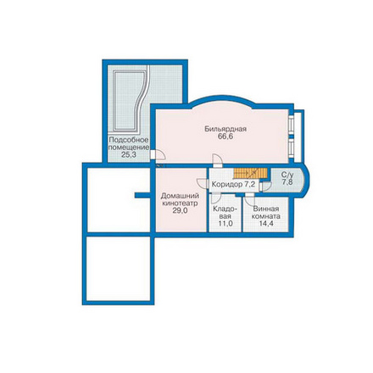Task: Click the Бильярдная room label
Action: pyautogui.click(x=225, y=129)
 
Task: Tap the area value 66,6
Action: pyautogui.click(x=226, y=136)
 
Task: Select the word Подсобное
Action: pyautogui.click(x=129, y=140)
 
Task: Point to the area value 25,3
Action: pyautogui.click(x=129, y=154)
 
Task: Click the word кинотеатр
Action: pyautogui.click(x=180, y=203)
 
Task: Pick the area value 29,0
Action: pyautogui.click(x=180, y=210)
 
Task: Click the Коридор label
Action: pyautogui.click(x=227, y=185)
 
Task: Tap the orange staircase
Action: pyautogui.click(x=250, y=173)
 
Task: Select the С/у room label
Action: pyautogui.click(x=287, y=175)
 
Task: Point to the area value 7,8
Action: pyautogui.click(x=287, y=182)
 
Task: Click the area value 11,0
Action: pyautogui.click(x=225, y=223)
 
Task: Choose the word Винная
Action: pyautogui.click(x=266, y=209)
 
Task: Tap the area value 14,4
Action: pyautogui.click(x=266, y=223)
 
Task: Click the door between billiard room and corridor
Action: pyautogui.click(x=218, y=160)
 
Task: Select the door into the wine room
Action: pyautogui.click(x=249, y=199)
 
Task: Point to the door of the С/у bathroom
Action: pyautogui.click(x=265, y=186)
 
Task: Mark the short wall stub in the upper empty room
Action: pyautogui.click(x=142, y=195)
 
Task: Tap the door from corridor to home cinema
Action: pyautogui.click(x=203, y=183)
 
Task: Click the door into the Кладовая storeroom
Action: pyautogui.click(x=216, y=197)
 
